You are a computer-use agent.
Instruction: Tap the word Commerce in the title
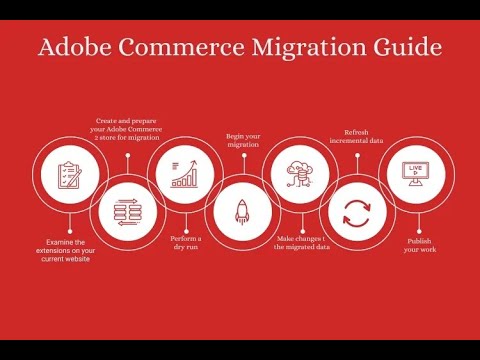click(x=179, y=47)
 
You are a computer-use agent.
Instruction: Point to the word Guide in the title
click(x=406, y=47)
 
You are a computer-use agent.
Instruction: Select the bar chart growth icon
click(x=184, y=176)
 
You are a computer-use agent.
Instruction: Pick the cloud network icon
click(x=299, y=176)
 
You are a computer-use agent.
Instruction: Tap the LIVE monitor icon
click(x=414, y=176)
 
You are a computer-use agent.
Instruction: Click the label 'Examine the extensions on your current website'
click(x=68, y=250)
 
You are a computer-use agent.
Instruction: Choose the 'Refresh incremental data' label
click(x=357, y=137)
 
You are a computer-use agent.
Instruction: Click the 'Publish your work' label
click(x=419, y=244)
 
